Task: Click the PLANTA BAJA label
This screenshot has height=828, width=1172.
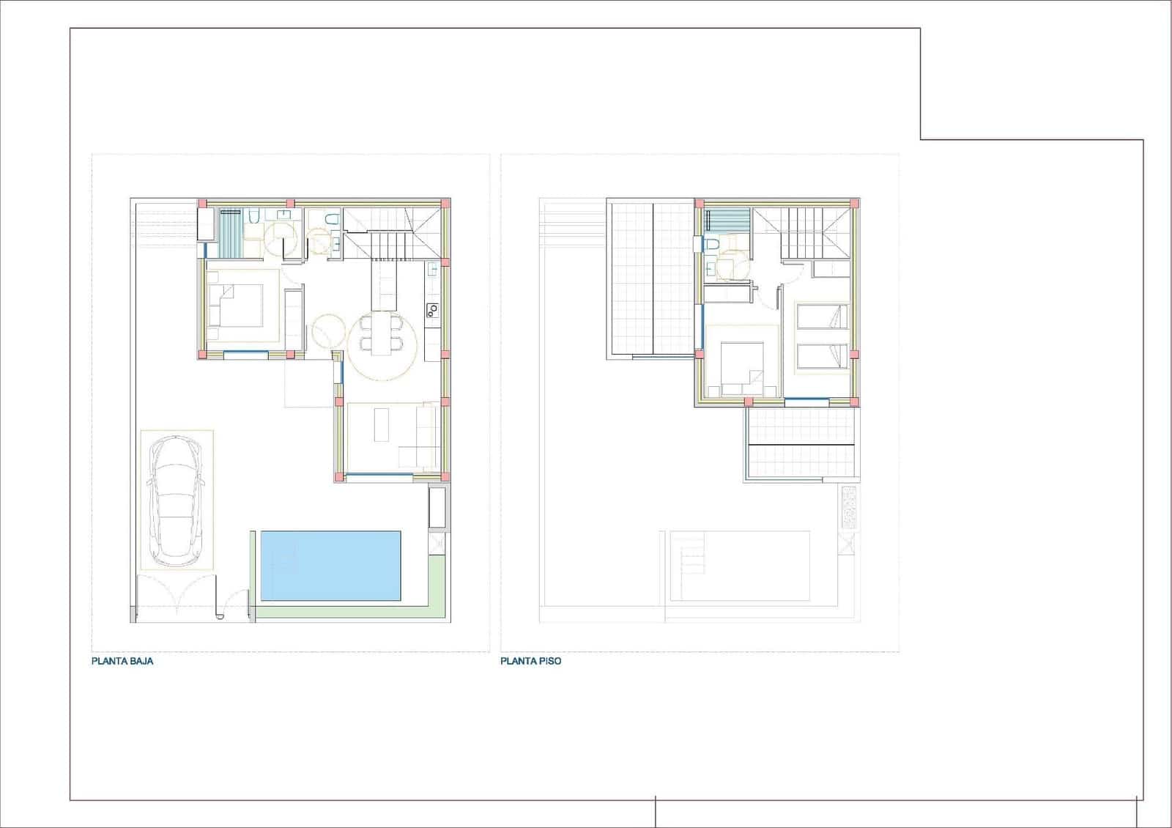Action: coord(122,660)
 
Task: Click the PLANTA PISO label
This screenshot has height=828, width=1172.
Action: coord(531,660)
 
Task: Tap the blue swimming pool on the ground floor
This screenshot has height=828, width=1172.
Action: coord(331,566)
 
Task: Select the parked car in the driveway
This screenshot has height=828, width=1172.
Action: coord(176,500)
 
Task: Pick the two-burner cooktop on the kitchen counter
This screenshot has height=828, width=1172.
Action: coord(431,310)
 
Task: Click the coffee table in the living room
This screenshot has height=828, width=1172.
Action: coord(382,424)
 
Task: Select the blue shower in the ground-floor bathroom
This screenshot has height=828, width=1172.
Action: coord(232,233)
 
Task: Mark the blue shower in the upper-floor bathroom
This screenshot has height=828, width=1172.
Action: coord(728,220)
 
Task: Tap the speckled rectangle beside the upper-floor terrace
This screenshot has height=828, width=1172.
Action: coord(849,508)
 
